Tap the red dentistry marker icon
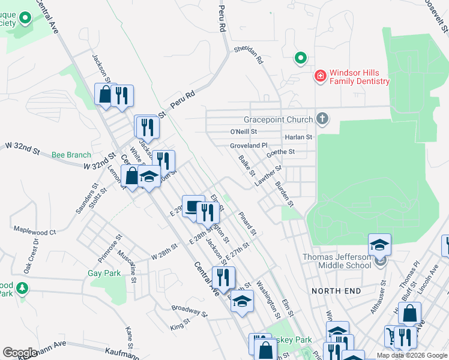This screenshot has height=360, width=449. [321, 76]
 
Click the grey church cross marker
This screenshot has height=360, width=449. [322, 118]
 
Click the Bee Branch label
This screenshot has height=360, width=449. [71, 155]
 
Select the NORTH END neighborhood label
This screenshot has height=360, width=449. [336, 291]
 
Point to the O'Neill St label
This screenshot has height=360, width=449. [243, 131]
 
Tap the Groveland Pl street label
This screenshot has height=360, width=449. [248, 146]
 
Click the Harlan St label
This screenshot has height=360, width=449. [298, 137]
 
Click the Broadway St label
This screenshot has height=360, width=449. [188, 311]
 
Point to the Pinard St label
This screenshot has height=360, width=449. [247, 223]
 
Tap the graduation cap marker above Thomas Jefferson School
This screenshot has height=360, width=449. [379, 245]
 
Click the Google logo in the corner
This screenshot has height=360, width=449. [20, 353]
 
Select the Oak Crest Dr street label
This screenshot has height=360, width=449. [30, 257]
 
